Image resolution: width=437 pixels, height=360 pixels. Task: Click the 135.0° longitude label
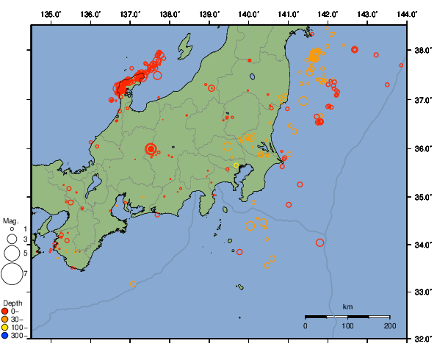tap(51, 14)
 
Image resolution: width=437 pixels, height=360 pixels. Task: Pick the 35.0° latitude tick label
tap(422, 197)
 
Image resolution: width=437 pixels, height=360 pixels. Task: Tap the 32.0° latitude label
tap(422, 339)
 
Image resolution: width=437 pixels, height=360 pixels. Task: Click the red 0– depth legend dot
tap(5, 311)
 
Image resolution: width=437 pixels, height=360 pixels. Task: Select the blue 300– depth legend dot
tap(5, 335)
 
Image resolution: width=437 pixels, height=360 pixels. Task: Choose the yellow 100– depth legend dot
tap(5, 327)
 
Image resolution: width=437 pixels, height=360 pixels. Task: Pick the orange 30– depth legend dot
tap(5, 319)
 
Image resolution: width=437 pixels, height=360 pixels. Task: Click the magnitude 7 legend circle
tap(12, 274)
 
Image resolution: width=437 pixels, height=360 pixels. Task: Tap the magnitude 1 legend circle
tap(12, 230)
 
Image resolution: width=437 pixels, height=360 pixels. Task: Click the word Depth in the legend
tap(12, 303)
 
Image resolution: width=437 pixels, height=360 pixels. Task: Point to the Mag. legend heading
tap(10, 220)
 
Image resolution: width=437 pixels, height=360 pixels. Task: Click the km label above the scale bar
tap(347, 306)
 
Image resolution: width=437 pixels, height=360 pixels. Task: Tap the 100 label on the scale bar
tap(347, 325)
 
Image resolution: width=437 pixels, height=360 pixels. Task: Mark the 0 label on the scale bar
tap(306, 325)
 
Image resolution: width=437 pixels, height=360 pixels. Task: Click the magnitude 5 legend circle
tap(12, 253)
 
